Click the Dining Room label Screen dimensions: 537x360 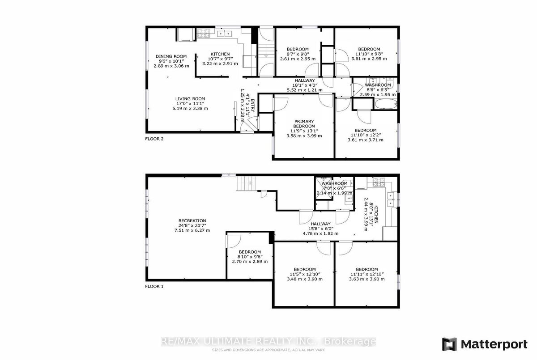click(171, 56)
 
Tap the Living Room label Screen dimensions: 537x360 click(190, 99)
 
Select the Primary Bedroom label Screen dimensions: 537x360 click(304, 123)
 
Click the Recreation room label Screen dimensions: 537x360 click(192, 220)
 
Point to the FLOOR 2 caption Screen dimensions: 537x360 click(154, 139)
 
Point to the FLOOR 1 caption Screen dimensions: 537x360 click(154, 286)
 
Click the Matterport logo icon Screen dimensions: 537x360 click(449, 344)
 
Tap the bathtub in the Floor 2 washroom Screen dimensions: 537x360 click(386, 104)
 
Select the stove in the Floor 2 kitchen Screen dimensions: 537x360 click(203, 33)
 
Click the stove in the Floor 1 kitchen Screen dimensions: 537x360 click(379, 182)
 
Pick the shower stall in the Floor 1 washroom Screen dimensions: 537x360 click(324, 188)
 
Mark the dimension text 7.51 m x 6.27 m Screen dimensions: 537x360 click(192, 230)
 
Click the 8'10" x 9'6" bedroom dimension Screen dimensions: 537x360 click(250, 257)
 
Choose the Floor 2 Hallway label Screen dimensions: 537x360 click(304, 80)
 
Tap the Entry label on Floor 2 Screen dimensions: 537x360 click(253, 105)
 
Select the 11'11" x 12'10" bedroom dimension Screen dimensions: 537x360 click(367, 274)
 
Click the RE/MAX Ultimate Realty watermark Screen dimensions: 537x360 click(268, 341)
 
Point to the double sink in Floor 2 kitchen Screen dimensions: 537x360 click(224, 34)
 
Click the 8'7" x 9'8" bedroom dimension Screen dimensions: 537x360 click(298, 54)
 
